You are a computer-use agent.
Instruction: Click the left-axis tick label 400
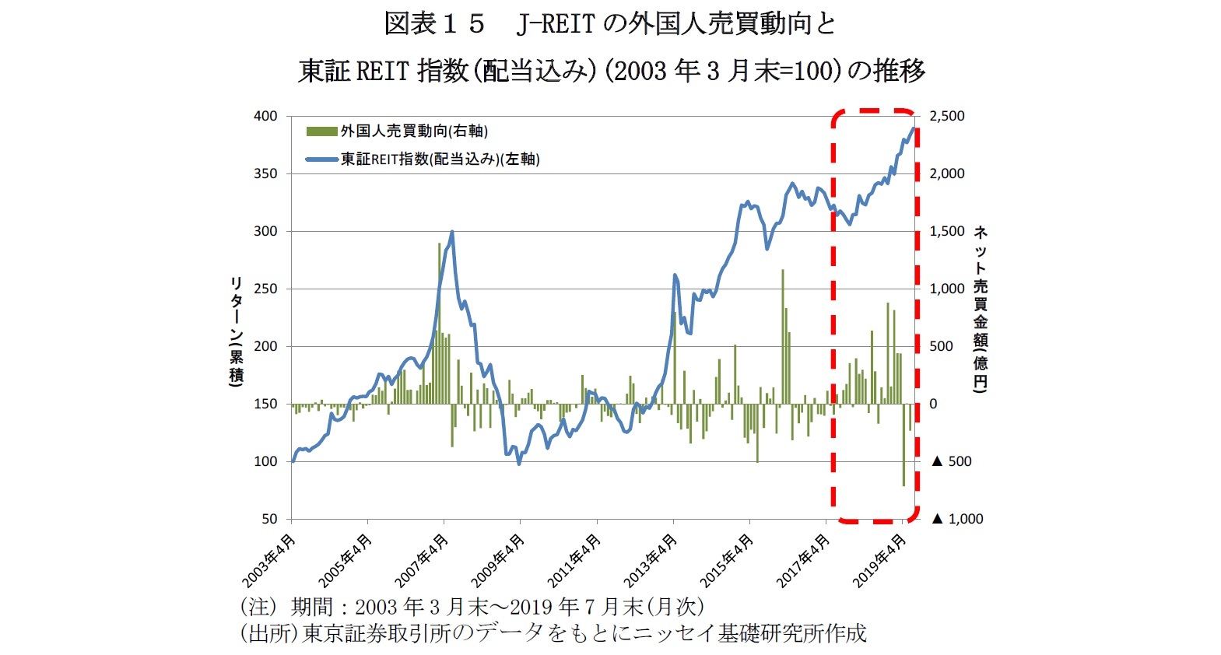[265, 116]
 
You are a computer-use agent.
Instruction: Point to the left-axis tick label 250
[265, 289]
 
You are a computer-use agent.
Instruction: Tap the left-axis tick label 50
[269, 519]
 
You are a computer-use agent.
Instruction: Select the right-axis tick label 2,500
[947, 116]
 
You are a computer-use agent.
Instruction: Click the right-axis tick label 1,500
[947, 231]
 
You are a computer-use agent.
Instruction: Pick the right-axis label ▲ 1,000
[957, 519]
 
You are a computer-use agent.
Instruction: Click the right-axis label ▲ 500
[952, 461]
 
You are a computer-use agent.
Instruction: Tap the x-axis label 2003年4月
[268, 562]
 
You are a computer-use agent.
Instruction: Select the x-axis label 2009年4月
[497, 562]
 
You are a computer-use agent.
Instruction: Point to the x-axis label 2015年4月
[726, 562]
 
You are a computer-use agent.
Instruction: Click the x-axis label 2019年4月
[879, 562]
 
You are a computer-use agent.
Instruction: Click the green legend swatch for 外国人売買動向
[321, 131]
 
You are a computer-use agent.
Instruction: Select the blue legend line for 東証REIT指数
[321, 159]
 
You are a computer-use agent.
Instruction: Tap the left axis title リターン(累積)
[236, 331]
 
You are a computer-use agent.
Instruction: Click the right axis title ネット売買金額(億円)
[981, 309]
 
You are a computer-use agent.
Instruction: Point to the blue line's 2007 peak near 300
[452, 232]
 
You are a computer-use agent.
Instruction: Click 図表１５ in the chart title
[434, 24]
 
